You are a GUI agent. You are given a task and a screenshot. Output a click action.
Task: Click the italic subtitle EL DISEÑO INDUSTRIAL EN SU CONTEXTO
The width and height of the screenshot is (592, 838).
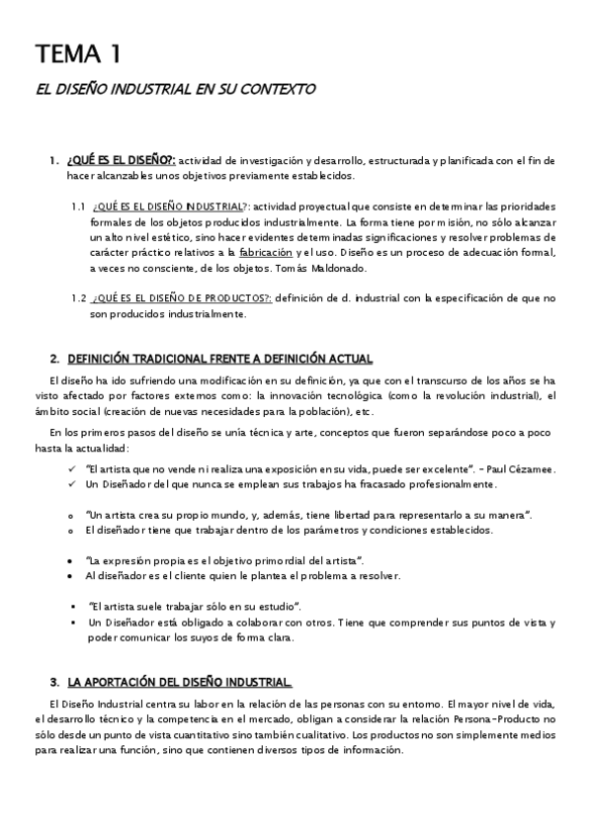point(175,89)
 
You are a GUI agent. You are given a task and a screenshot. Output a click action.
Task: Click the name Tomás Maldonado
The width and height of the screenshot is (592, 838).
point(360,269)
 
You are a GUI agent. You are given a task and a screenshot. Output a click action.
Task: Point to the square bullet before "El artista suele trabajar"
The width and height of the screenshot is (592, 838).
point(73,606)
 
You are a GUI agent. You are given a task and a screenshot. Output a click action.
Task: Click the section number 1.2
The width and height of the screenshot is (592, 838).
point(79,298)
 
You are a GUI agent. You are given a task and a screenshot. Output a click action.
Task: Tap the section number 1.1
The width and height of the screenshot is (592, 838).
point(79,206)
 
